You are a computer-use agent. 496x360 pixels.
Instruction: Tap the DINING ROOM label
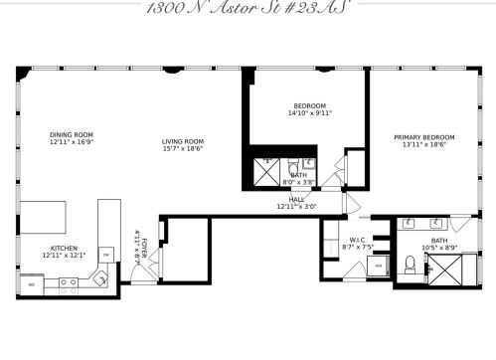tap(71, 134)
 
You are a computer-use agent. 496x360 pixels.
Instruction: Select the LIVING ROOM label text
tap(183, 141)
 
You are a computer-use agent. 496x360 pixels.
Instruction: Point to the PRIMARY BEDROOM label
tap(423, 137)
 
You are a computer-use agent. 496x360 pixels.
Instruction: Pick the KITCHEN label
tap(64, 249)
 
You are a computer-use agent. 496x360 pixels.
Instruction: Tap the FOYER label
tap(145, 244)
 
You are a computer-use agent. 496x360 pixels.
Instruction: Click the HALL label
tap(296, 199)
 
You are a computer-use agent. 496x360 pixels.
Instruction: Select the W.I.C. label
tap(358, 239)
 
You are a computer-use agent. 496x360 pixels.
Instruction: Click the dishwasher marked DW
tap(104, 255)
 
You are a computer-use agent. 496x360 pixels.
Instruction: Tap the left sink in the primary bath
tap(409, 225)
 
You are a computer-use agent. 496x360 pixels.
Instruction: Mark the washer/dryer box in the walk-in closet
tap(378, 266)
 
